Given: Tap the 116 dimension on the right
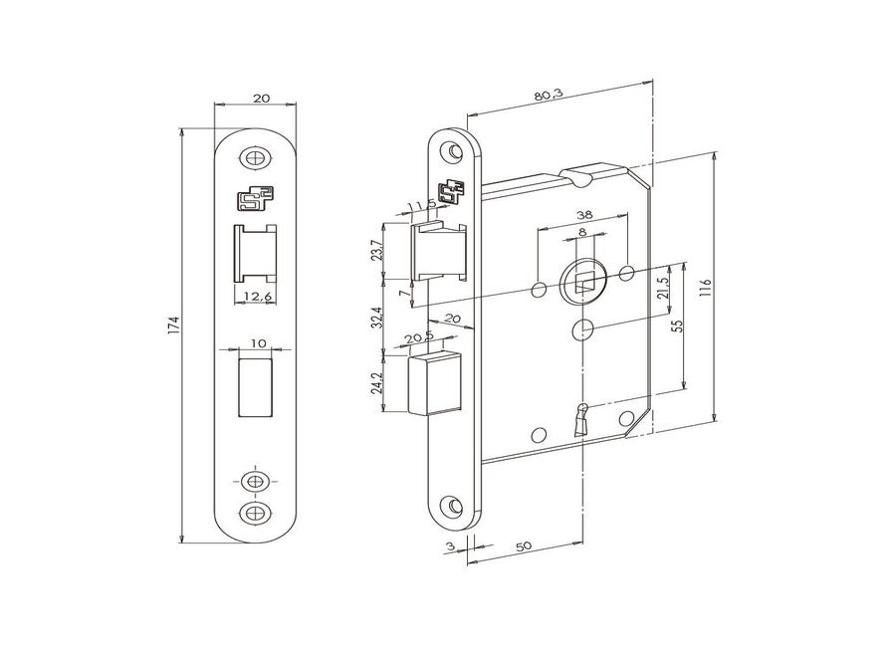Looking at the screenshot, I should (706, 289).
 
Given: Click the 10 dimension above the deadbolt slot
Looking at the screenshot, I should (258, 342).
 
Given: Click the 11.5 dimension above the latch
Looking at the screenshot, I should (423, 206).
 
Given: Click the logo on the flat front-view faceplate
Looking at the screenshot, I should (257, 199).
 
